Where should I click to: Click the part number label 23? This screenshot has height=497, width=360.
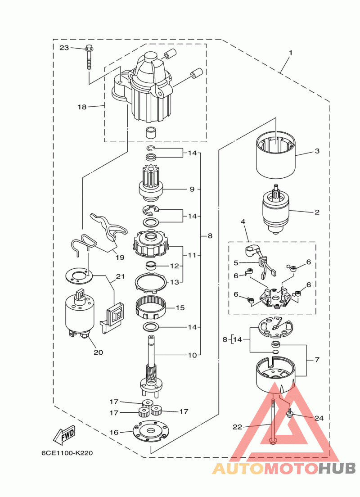click(64, 48)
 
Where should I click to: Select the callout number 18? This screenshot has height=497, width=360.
click(82, 107)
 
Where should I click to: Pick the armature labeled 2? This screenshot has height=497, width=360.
click(276, 209)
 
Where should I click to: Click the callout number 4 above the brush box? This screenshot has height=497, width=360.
click(243, 221)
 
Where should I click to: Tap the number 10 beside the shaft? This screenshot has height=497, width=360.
click(193, 355)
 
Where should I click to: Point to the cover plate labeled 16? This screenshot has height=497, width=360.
click(151, 431)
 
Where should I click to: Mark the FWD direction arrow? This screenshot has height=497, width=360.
click(64, 435)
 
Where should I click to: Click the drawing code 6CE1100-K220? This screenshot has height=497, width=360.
click(67, 453)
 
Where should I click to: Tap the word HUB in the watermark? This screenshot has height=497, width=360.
click(337, 468)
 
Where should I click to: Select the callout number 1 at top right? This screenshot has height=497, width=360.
click(291, 52)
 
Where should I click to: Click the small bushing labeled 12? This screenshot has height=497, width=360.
click(152, 265)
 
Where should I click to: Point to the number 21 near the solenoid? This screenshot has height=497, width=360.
click(121, 277)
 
